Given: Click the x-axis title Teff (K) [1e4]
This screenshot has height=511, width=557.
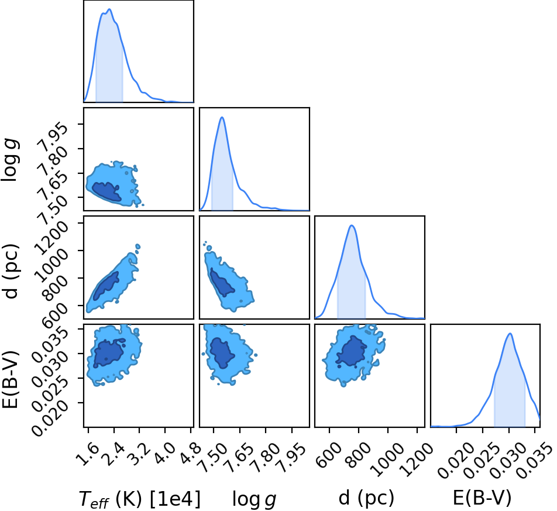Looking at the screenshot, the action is pyautogui.click(x=140, y=498).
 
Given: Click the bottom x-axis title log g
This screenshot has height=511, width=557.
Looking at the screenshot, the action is pyautogui.click(x=255, y=499).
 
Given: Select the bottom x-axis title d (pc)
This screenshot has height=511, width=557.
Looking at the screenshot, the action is pyautogui.click(x=366, y=498).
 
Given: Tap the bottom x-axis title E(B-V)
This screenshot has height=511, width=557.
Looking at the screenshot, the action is pyautogui.click(x=482, y=498).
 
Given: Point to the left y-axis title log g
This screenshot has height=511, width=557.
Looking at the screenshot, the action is pyautogui.click(x=11, y=160).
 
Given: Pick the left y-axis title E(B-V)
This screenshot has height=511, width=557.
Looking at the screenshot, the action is pyautogui.click(x=10, y=379).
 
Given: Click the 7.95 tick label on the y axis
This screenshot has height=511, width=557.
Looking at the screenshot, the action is pyautogui.click(x=53, y=135).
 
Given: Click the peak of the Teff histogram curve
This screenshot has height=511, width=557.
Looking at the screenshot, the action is pyautogui.click(x=109, y=9).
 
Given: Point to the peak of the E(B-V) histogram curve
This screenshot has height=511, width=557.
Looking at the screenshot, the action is pyautogui.click(x=510, y=333).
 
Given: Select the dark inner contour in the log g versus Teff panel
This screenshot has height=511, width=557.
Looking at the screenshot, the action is pyautogui.click(x=106, y=191).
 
